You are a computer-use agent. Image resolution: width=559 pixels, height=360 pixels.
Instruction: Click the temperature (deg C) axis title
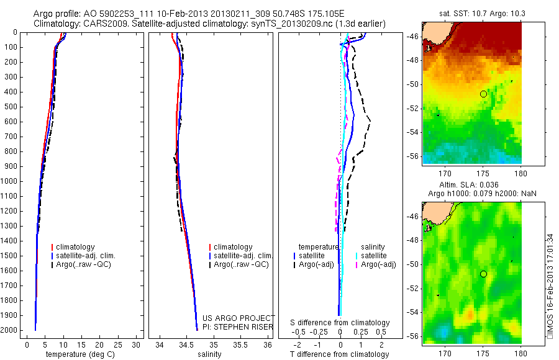80,354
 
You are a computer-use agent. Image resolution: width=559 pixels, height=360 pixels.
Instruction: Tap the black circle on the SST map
483,94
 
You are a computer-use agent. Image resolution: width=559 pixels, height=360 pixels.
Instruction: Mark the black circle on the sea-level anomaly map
483,274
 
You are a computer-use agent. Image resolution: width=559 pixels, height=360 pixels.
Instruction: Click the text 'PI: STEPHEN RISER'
239,326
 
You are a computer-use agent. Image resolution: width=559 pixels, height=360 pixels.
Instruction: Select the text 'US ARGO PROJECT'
239,318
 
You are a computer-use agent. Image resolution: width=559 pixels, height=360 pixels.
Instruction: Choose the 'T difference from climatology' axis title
339,354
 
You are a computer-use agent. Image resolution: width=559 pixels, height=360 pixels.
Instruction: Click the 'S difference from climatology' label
340,323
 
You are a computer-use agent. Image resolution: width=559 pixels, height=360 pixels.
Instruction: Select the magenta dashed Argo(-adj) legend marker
357,264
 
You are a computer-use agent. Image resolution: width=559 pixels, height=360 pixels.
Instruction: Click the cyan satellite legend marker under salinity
357,256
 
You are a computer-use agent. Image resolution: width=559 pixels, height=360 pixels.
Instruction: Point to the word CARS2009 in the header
101,24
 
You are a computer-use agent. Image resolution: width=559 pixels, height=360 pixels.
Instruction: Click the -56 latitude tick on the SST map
414,156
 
